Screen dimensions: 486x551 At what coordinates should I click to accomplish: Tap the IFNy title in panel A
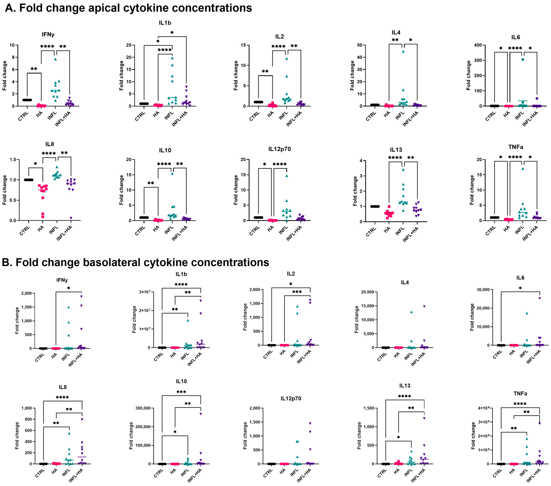coord(48,34)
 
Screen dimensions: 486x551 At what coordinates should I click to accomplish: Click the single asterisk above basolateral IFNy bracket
coord(69,288)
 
